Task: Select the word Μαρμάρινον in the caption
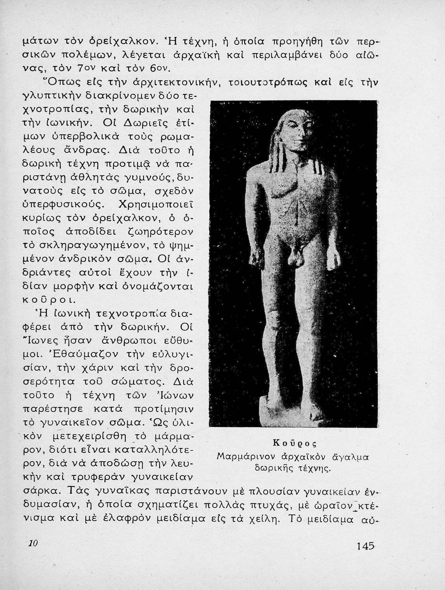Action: coord(241,457)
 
